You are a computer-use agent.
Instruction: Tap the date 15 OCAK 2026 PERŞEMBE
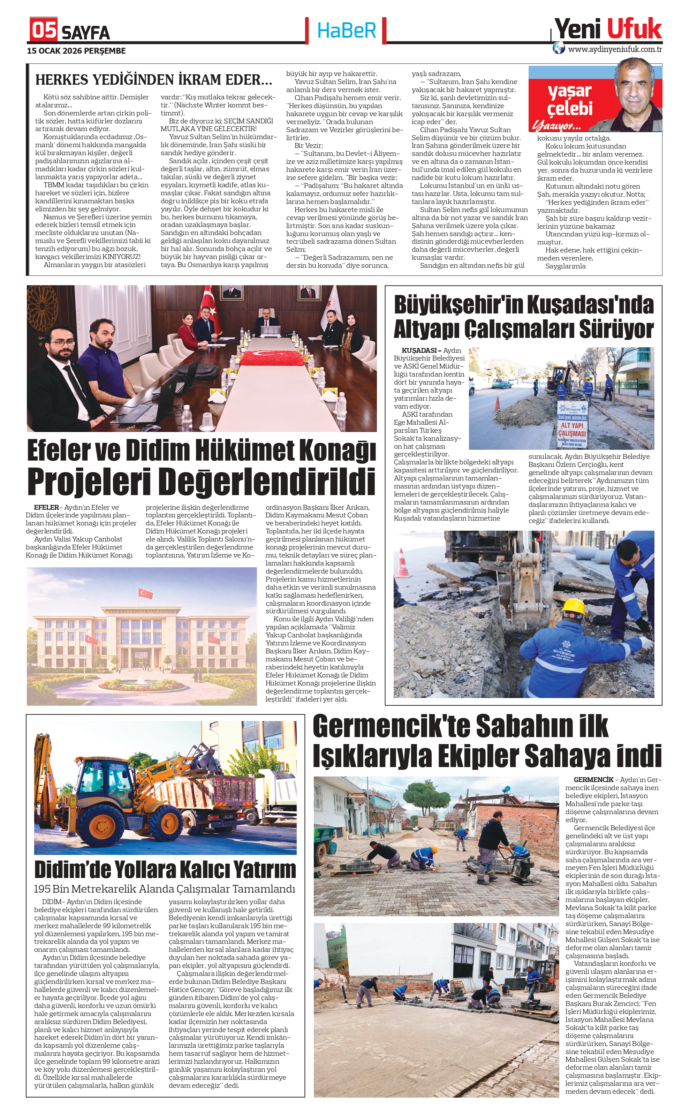coord(76,51)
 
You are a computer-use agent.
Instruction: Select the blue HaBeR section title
coord(346,30)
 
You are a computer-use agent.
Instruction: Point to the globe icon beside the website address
coord(559,48)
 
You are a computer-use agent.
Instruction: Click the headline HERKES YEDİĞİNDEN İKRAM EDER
coord(153,80)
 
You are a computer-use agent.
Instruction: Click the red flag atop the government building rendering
coord(145,593)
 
